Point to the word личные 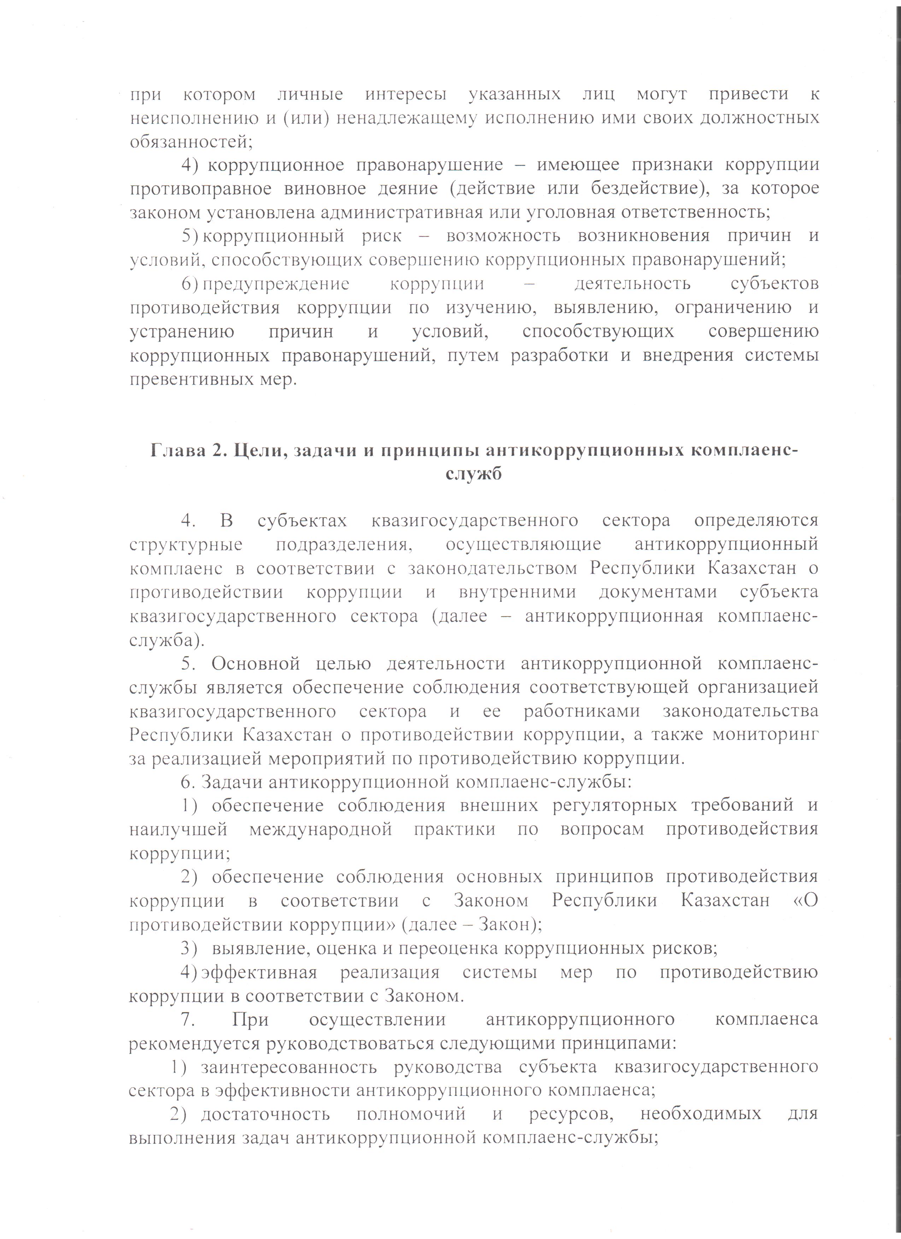(x=310, y=95)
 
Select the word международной (x=321, y=829)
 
